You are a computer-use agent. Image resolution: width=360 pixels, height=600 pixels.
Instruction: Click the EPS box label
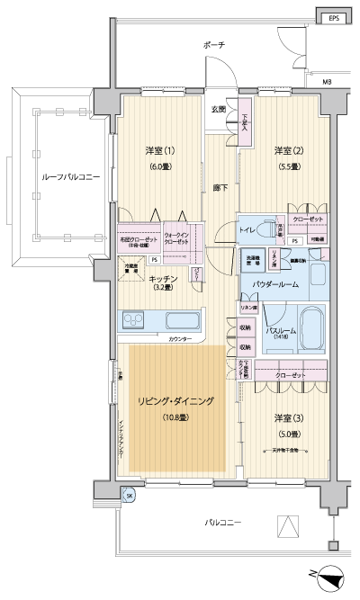click(x=333, y=17)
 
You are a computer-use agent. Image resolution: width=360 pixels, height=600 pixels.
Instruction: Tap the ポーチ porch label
click(x=214, y=45)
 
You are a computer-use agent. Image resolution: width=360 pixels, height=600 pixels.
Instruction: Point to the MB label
click(x=326, y=83)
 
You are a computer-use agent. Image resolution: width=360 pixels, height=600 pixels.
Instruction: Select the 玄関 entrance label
click(x=219, y=110)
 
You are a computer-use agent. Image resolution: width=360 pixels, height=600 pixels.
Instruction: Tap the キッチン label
click(x=163, y=279)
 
